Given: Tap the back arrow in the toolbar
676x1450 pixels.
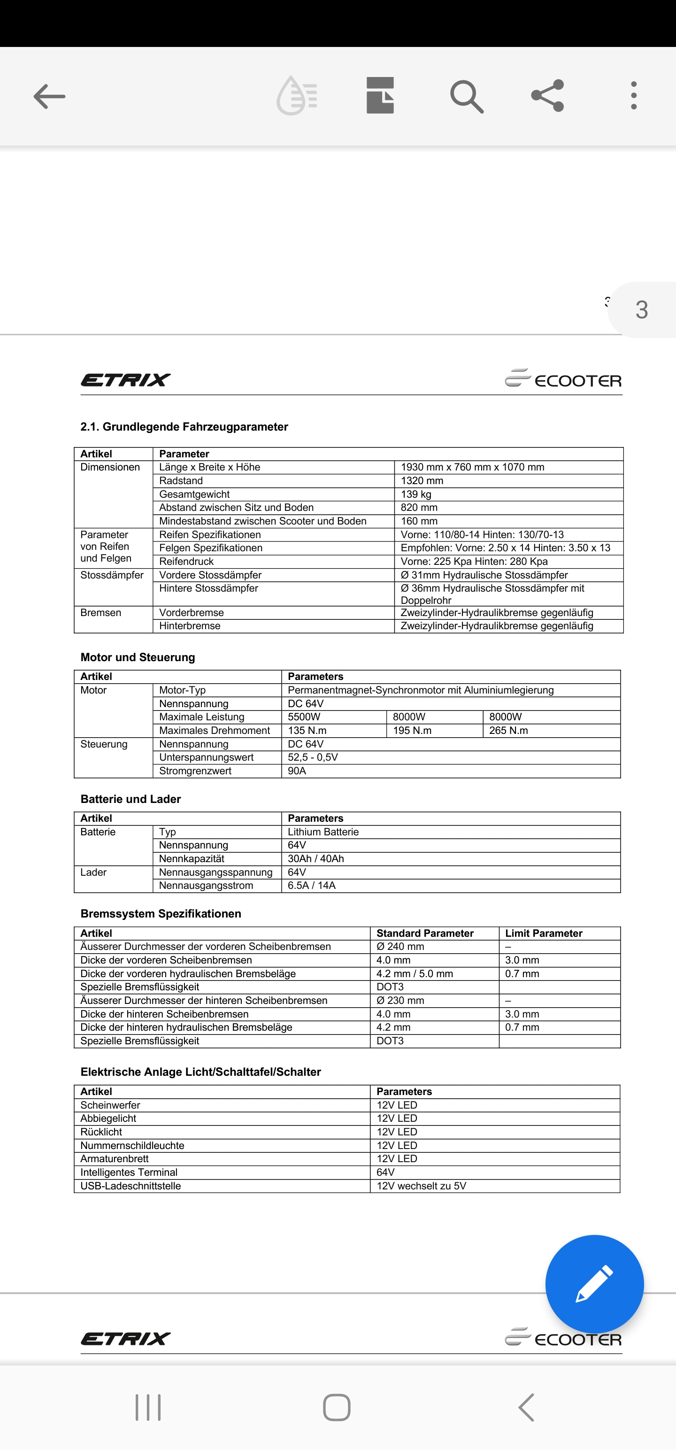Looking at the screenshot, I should point(50,96).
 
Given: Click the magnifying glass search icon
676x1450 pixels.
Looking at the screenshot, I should point(466,96).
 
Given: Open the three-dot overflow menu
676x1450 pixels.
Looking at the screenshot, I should point(634,96).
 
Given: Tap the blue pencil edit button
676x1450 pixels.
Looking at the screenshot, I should point(594,1284).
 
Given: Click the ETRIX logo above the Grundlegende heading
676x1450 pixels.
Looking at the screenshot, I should point(125,380).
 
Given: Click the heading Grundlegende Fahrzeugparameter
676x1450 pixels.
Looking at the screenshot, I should point(184,427).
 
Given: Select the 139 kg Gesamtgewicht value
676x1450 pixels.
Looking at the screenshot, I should point(416,494).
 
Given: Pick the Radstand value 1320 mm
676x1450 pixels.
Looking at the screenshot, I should point(422,481).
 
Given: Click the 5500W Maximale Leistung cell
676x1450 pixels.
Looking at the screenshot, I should point(304,717).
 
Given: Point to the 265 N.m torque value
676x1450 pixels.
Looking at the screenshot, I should point(508,731).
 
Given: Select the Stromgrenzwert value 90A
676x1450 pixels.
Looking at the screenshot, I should point(297,771).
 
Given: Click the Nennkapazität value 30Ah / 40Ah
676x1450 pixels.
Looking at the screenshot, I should point(316,859).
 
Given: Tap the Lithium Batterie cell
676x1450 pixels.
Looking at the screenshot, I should point(323,832).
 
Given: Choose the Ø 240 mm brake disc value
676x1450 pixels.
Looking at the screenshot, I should point(400,947).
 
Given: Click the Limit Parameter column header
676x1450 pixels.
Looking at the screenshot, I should point(544,933).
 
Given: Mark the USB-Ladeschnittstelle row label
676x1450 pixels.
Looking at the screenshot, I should point(131,1186).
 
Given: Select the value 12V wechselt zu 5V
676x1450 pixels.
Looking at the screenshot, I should point(422,1186).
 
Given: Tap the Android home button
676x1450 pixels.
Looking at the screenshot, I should point(337,1407).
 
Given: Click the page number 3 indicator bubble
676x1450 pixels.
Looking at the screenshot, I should point(642,309).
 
